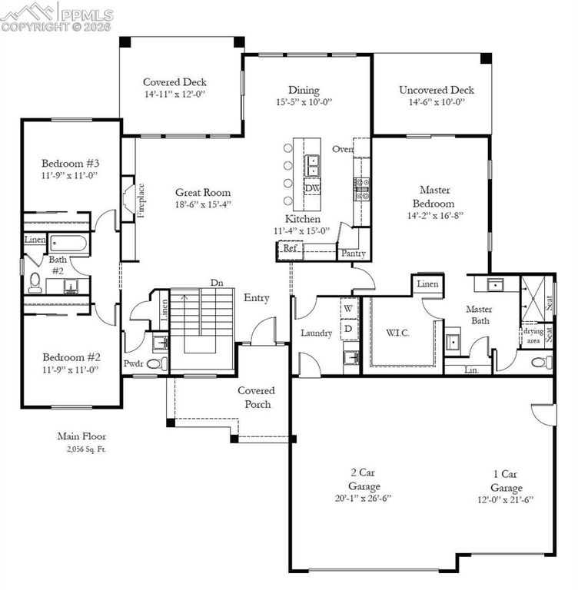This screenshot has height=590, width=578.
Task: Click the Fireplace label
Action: point(141,201)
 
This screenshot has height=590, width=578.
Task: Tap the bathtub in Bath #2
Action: point(68,244)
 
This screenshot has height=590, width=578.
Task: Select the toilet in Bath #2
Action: point(35,283)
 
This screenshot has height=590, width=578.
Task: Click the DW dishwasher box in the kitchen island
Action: point(313,187)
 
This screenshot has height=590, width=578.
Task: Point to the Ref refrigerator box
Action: point(290,250)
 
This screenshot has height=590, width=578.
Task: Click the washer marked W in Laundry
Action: point(348,309)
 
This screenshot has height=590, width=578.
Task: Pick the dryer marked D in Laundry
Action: point(348,329)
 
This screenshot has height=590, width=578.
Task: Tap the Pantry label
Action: point(354,254)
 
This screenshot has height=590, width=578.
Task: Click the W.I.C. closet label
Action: point(397,333)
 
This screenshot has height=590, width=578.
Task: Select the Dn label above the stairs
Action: point(217,283)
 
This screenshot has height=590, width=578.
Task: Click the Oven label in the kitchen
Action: point(343,149)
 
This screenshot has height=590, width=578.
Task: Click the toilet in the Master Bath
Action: point(542,363)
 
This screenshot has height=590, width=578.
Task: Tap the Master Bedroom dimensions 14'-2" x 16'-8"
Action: point(435,216)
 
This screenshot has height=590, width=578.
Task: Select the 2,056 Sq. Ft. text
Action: point(87,449)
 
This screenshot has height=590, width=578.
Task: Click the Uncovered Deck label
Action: point(437,90)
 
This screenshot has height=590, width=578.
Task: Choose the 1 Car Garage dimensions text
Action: point(506,500)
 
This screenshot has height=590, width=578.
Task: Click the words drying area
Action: point(533,336)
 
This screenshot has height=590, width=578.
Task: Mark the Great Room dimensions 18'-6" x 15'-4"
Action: point(203,204)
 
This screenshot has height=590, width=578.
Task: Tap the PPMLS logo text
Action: point(87,15)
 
